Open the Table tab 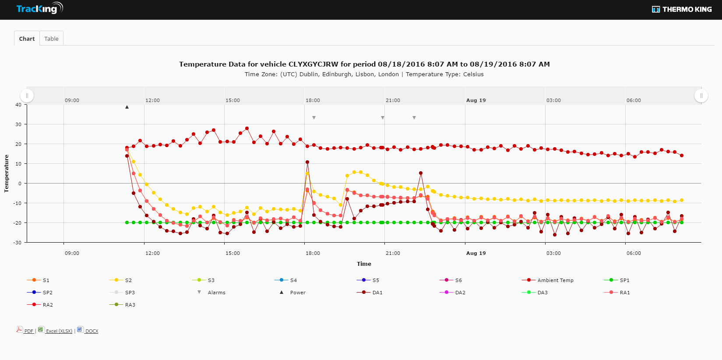(51, 39)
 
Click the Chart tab (27, 39)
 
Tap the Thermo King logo (682, 9)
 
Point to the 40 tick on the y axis (18, 105)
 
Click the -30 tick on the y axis (18, 242)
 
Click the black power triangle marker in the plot (127, 107)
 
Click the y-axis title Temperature (7, 173)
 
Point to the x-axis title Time (364, 264)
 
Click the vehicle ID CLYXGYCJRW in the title (313, 64)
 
